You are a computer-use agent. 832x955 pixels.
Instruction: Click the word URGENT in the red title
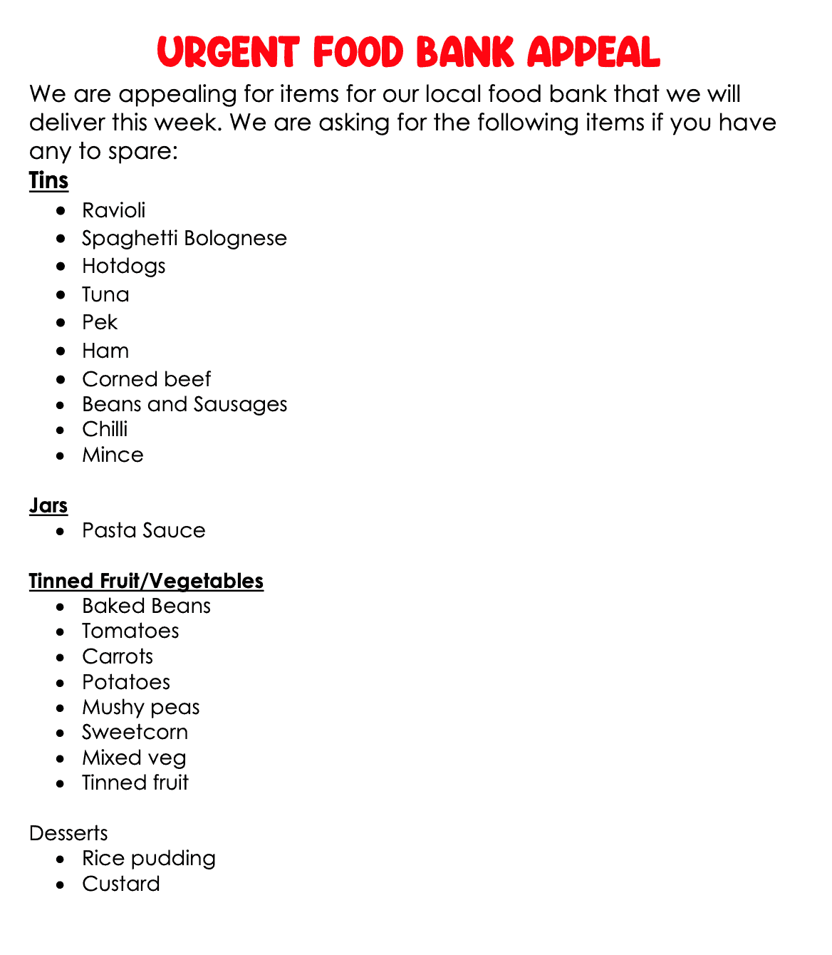coord(227,53)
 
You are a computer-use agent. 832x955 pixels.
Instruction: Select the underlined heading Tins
coord(48,180)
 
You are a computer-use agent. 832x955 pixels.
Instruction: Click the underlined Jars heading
coord(48,505)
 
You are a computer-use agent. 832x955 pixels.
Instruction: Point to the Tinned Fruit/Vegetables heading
coord(146,581)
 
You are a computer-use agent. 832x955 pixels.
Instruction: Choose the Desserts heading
coord(68,833)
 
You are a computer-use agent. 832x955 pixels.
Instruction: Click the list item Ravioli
coord(113,210)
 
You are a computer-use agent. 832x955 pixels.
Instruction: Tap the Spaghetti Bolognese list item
coord(184,238)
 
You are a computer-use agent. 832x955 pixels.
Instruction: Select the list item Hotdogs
coord(123,266)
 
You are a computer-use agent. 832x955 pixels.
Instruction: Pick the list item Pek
coord(100,322)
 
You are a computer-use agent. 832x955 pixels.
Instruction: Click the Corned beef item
coord(146,379)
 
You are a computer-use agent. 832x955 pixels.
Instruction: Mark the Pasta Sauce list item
coord(143,530)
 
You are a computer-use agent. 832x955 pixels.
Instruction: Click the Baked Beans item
coord(146,606)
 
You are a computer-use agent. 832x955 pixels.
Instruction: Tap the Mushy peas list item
coord(140,707)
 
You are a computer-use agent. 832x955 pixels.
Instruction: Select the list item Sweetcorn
coord(135,732)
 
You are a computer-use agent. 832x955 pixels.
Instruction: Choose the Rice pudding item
coord(148,858)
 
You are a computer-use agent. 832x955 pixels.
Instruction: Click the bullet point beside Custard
coord(63,884)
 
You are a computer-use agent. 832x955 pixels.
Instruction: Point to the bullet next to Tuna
coord(63,295)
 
